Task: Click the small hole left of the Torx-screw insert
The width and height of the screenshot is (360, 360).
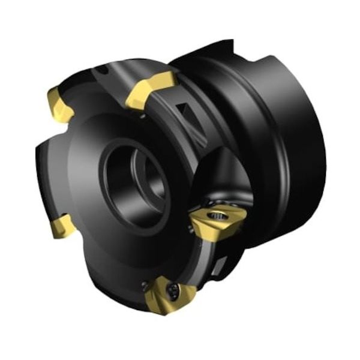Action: [144, 283]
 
